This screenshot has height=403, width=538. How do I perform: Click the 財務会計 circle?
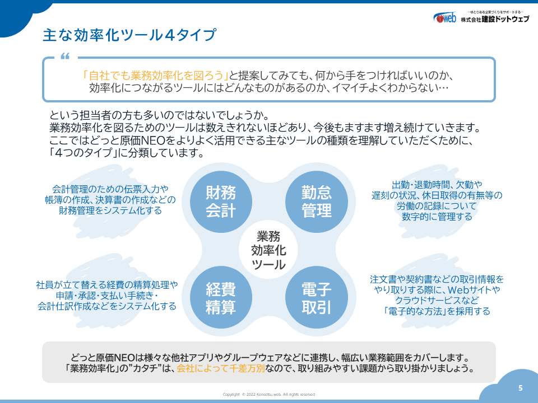click(x=221, y=201)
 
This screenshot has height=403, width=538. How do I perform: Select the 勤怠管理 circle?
click(x=316, y=201)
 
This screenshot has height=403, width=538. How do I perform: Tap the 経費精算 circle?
click(x=221, y=297)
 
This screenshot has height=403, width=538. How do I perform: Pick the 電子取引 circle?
click(x=316, y=297)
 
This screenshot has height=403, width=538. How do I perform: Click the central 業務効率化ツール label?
click(x=268, y=250)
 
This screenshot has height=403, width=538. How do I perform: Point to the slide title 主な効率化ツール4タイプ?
click(x=129, y=35)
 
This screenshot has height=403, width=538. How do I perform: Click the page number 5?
click(x=520, y=388)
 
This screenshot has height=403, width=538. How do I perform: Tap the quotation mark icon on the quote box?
click(x=65, y=56)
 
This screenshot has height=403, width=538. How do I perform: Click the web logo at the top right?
click(x=444, y=17)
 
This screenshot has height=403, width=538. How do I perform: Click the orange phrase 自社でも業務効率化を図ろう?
click(x=155, y=76)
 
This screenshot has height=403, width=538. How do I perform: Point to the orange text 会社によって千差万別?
click(x=221, y=369)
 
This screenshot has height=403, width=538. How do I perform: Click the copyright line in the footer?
click(x=268, y=395)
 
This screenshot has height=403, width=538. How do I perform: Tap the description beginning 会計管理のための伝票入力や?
click(x=110, y=200)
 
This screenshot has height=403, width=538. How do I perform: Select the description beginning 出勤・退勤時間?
click(x=437, y=201)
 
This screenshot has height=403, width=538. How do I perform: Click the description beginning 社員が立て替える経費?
click(x=106, y=296)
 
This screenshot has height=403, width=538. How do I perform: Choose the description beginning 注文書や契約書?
click(x=437, y=295)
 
